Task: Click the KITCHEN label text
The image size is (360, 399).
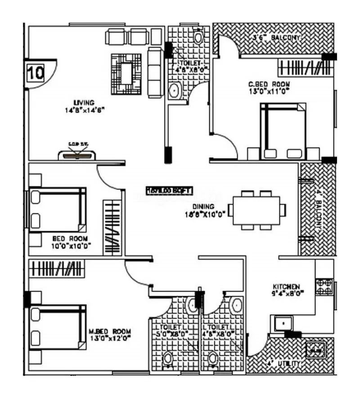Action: tap(286, 286)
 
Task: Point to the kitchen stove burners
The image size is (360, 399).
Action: tap(324, 287)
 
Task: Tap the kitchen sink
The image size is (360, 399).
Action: tap(282, 323)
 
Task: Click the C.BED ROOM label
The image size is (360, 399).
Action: tap(270, 84)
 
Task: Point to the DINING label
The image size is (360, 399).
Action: tap(198, 208)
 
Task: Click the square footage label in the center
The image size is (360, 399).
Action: tap(169, 190)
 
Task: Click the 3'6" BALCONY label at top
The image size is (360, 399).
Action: tap(282, 38)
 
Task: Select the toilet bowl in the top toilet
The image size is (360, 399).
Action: tap(198, 36)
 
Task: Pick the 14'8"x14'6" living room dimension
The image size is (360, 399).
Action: tap(85, 109)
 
